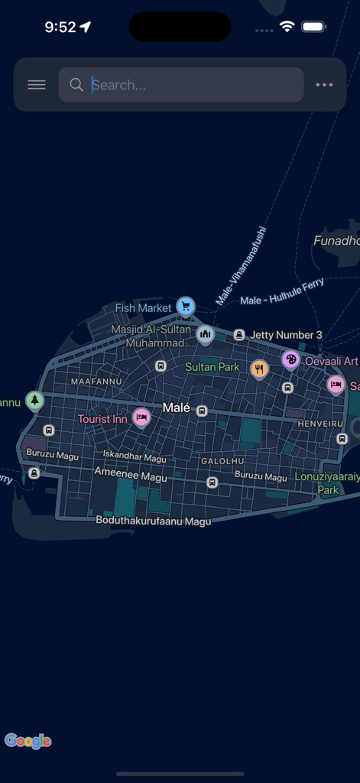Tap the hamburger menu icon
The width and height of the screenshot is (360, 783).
coord(37,85)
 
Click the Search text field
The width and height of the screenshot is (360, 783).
coord(191,85)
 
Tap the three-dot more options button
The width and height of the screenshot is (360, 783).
coord(324,85)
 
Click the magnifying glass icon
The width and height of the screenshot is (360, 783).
coord(76,85)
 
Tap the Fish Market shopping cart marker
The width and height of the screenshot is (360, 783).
coord(185,307)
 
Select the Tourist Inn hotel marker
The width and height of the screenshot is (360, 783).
coord(141,417)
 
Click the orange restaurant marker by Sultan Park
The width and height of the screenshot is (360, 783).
coord(260,369)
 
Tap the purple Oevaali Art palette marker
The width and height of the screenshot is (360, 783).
coord(290,359)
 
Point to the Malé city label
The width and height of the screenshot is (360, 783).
coord(176,408)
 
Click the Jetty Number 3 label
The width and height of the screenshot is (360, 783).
coord(286,335)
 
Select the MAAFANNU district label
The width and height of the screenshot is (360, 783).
coord(96,381)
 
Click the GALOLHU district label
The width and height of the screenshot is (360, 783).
coord(222,461)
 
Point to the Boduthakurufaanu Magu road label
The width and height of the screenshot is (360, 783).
coord(153,520)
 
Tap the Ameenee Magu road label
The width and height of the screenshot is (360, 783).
coord(131,476)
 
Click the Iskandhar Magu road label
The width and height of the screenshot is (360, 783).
coord(135,458)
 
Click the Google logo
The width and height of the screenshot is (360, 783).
coord(28,740)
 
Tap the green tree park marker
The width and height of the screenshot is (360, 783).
coord(34,400)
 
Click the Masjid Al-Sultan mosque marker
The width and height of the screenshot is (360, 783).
coord(205,334)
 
